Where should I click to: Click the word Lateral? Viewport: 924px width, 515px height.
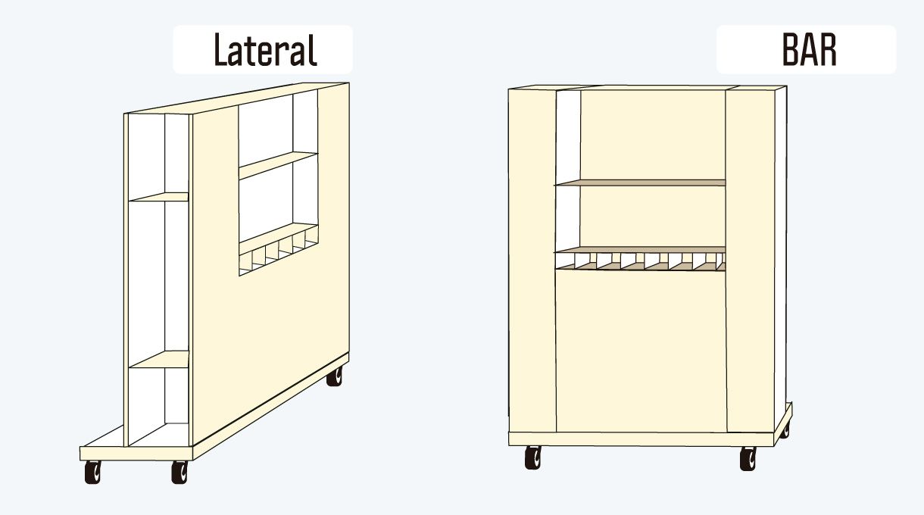point(266,50)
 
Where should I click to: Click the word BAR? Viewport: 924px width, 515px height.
point(810,50)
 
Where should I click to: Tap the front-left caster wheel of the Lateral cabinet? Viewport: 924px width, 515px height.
point(93,472)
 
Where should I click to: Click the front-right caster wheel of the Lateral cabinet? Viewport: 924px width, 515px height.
point(179,472)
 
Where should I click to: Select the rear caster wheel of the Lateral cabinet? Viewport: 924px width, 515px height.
point(335,376)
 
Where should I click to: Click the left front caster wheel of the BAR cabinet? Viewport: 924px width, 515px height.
point(533,457)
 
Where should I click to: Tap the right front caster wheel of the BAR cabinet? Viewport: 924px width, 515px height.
point(748,458)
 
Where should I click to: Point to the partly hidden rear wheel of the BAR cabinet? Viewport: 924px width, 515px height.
point(785,431)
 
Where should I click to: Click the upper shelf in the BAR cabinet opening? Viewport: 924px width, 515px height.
point(640,183)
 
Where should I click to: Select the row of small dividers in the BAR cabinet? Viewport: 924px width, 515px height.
point(640,261)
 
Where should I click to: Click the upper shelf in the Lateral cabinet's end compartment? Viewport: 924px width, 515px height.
point(159,197)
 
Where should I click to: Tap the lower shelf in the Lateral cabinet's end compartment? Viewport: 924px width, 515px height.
point(159,360)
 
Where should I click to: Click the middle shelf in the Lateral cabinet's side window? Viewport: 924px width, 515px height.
point(279,165)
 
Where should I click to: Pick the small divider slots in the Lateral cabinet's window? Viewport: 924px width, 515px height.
point(279,253)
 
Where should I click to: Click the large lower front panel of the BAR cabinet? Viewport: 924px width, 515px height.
point(641,351)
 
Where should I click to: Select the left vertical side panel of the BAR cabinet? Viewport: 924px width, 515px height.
point(532,261)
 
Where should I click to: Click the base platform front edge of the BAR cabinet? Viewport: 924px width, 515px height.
point(641,439)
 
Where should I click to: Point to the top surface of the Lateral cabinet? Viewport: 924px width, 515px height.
point(237,98)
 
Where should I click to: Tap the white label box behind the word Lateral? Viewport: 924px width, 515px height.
point(263,49)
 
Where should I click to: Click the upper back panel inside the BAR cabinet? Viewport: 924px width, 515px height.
point(653,135)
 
